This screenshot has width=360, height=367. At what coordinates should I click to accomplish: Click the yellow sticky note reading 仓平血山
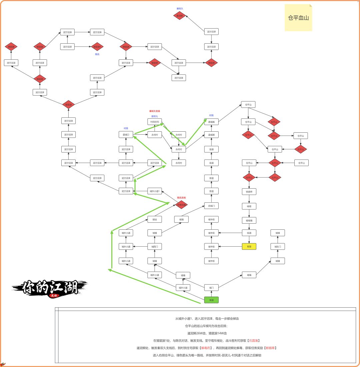click(298, 18)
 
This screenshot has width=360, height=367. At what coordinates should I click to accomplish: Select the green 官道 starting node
click(211, 300)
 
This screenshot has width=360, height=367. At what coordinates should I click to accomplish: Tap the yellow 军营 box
click(249, 247)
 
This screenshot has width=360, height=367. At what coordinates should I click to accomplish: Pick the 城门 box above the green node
click(211, 287)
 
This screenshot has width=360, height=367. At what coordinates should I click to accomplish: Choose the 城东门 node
click(278, 247)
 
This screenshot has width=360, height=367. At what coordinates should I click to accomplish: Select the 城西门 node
click(155, 247)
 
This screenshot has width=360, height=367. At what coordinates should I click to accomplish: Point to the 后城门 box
click(211, 206)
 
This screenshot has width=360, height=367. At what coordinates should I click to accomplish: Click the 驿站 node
click(155, 219)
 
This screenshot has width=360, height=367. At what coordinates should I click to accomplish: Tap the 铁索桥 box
click(249, 192)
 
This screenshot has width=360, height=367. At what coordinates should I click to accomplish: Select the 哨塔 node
click(249, 206)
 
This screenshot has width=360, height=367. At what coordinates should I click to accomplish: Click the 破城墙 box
click(249, 220)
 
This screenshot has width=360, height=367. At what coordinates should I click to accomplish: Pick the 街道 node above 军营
click(249, 233)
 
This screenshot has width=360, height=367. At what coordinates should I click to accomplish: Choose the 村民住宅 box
click(155, 122)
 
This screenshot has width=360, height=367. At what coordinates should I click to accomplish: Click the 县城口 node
click(126, 135)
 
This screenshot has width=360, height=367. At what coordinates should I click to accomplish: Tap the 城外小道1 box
click(155, 191)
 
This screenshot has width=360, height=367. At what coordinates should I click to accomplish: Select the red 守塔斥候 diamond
click(181, 205)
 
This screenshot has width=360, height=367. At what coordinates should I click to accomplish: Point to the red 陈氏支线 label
click(181, 198)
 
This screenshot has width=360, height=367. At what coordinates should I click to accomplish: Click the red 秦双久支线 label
click(155, 111)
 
